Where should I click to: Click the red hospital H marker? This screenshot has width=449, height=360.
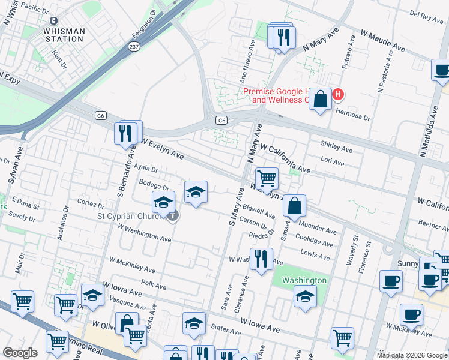338,95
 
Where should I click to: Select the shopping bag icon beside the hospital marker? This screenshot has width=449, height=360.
321,99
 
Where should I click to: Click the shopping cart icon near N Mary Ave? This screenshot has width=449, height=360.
267,178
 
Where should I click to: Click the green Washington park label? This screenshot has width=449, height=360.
304,280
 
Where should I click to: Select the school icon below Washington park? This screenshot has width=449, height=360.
305,296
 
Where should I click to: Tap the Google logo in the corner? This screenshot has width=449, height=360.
20,353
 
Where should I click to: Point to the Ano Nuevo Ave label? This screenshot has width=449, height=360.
243,68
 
